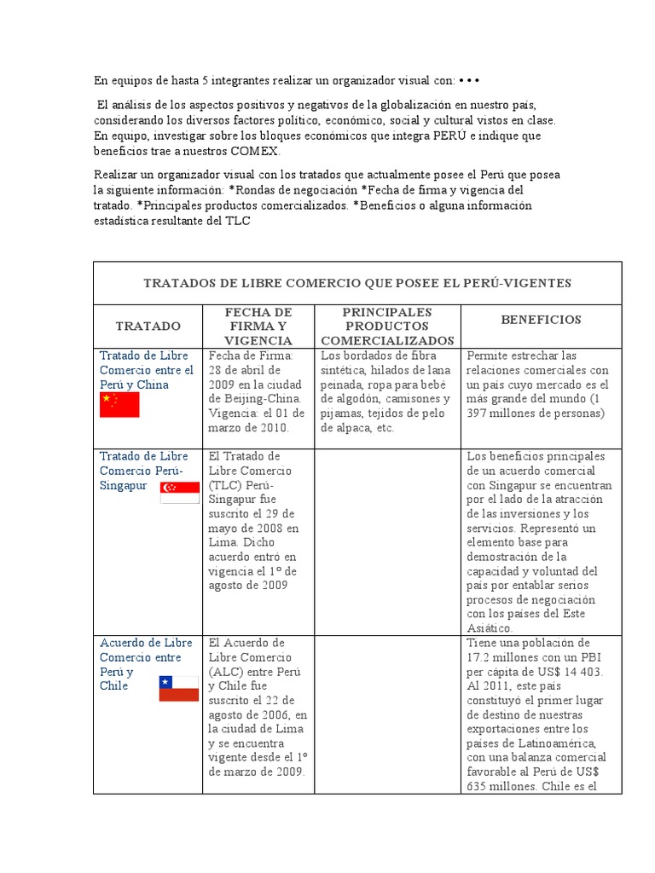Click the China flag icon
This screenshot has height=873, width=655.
tap(119, 405)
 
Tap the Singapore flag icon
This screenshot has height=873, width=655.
tap(179, 492)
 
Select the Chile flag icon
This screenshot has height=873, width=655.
tap(179, 688)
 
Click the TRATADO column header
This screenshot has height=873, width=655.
tap(148, 327)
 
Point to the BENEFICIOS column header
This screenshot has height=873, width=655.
tap(541, 320)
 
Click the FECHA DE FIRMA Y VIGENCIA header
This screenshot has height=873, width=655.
tap(258, 327)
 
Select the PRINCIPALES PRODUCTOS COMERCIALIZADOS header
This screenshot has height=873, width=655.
tap(387, 327)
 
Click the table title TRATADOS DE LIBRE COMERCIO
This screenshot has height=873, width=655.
tap(357, 283)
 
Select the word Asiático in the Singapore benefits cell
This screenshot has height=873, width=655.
tap(490, 628)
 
